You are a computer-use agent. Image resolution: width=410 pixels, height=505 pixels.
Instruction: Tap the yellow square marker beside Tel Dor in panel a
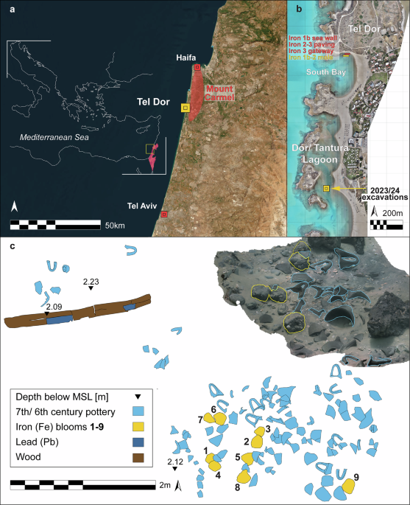pos(185,108)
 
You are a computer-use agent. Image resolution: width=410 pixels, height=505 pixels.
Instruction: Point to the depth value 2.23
pos(91,282)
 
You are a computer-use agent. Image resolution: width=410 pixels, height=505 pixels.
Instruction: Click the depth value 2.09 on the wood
pos(53,306)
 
